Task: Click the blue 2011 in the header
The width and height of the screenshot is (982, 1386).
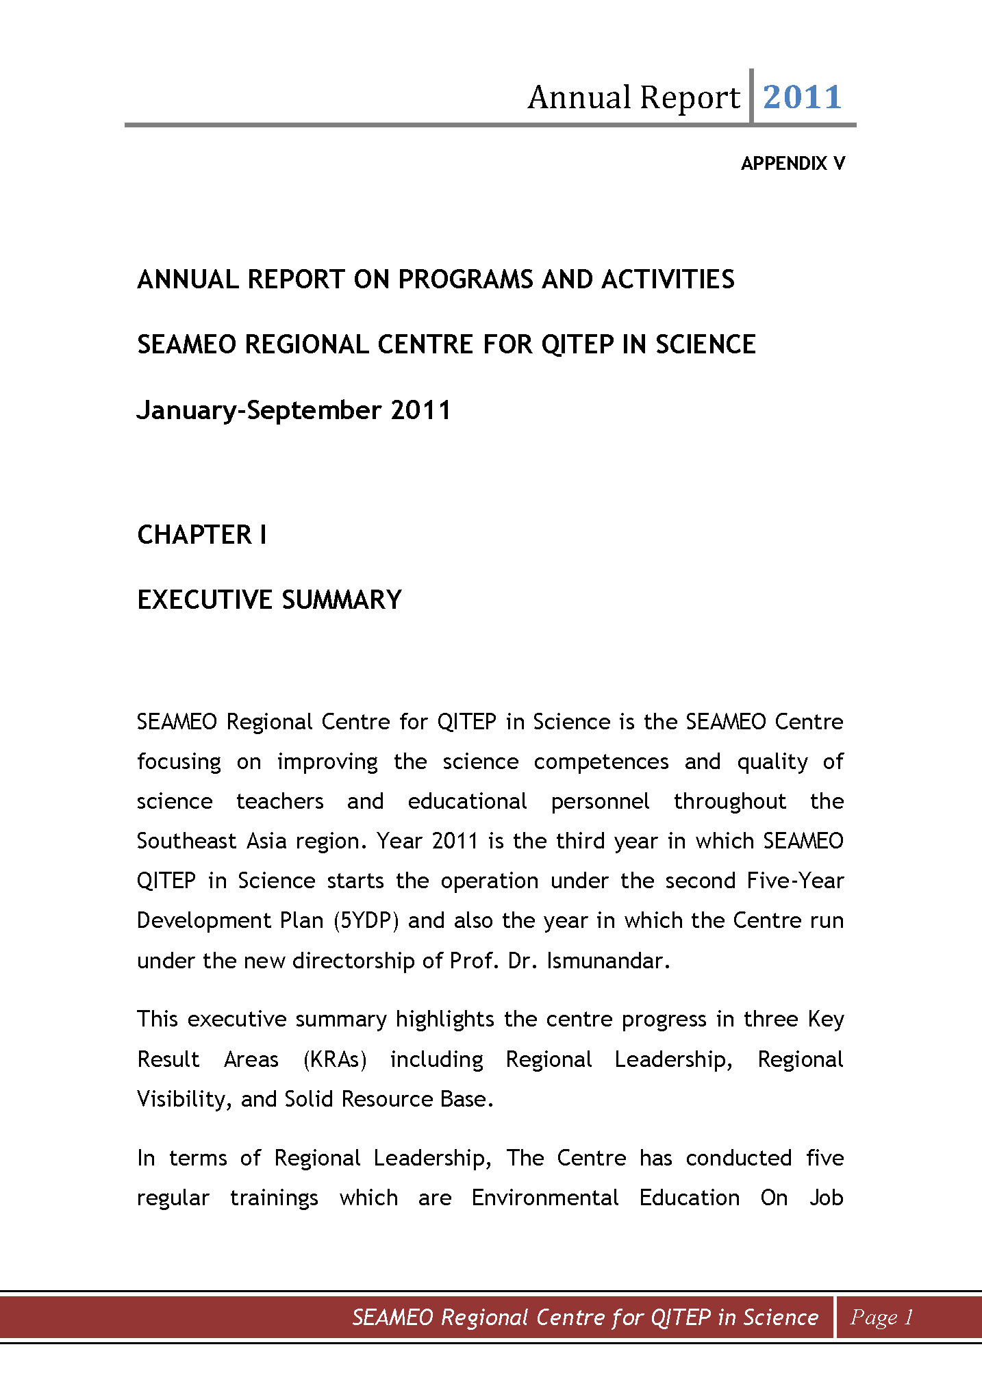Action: tap(802, 97)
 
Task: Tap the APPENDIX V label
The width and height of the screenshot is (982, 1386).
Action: tap(792, 164)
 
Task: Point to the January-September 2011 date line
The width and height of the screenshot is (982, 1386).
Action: tap(294, 410)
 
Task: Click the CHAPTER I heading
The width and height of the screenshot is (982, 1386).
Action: tap(201, 535)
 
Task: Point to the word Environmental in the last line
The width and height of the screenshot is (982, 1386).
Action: tap(545, 1198)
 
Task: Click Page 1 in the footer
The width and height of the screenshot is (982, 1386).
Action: tap(881, 1317)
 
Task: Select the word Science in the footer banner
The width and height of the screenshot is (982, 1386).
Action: tap(780, 1317)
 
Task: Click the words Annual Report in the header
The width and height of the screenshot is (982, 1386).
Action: tap(633, 97)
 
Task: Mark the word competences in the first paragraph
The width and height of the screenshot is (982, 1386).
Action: tap(601, 761)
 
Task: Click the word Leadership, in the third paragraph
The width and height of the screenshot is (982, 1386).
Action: tap(432, 1158)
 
